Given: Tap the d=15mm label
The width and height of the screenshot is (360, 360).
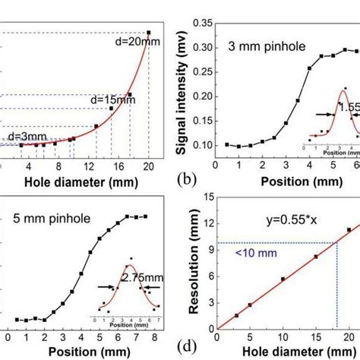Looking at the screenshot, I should pos(107,99).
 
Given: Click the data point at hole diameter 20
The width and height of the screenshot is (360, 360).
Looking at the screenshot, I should pos(149,33).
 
